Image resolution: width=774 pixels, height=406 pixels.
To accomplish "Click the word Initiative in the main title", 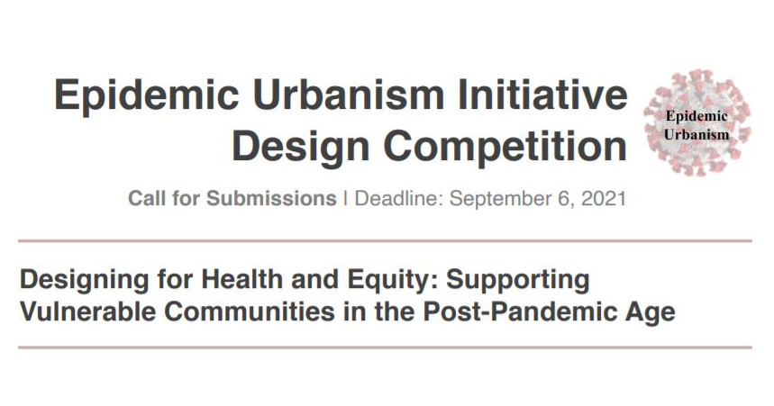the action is tap(542, 95).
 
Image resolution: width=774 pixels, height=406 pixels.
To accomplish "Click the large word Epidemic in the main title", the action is tap(147, 96).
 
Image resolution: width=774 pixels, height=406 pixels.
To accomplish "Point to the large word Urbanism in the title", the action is tap(348, 95).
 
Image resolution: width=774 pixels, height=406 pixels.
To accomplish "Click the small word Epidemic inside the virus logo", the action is tap(697, 116).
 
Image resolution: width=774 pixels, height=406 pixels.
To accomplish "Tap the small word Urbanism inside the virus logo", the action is tap(696, 134).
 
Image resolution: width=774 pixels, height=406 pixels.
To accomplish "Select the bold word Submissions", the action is tap(271, 198).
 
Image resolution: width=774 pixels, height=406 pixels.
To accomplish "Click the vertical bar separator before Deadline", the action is tap(345, 199).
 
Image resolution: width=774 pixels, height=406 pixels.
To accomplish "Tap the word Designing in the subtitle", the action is tap(85, 281).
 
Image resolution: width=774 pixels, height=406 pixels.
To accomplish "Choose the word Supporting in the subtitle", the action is tap(518, 281).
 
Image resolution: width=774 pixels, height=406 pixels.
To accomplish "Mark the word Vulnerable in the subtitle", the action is tap(88, 311).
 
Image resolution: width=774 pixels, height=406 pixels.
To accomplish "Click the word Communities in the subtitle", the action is tap(250, 311).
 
